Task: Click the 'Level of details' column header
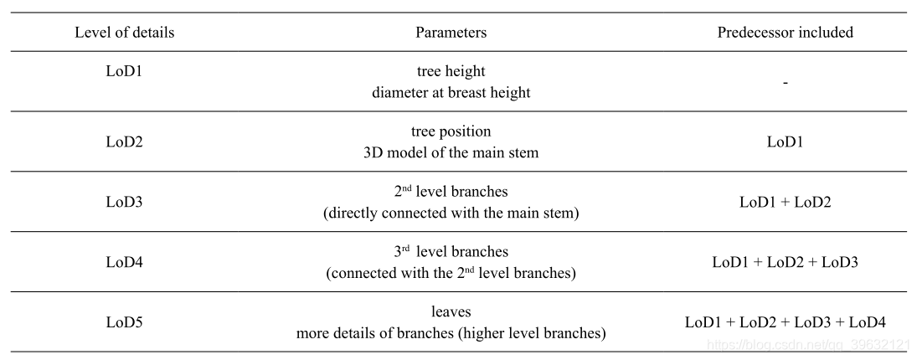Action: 124,33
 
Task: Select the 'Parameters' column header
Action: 451,33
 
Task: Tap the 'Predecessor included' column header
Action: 785,33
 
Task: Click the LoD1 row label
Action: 124,72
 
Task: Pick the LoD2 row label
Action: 124,141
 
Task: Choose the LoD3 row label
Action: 124,202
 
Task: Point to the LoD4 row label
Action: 124,262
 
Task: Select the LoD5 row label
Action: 124,321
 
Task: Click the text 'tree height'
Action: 451,72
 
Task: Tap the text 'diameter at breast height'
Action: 451,93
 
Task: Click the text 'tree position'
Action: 451,131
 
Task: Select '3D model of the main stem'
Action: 451,152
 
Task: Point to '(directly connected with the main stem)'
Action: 451,213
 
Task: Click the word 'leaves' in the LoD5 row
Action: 451,311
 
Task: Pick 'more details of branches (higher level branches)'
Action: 451,333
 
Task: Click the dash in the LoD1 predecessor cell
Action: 785,83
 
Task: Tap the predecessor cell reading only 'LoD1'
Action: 785,141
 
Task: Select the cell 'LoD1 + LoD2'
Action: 785,202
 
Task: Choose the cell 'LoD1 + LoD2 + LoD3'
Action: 785,262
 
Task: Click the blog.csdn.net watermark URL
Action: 807,344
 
